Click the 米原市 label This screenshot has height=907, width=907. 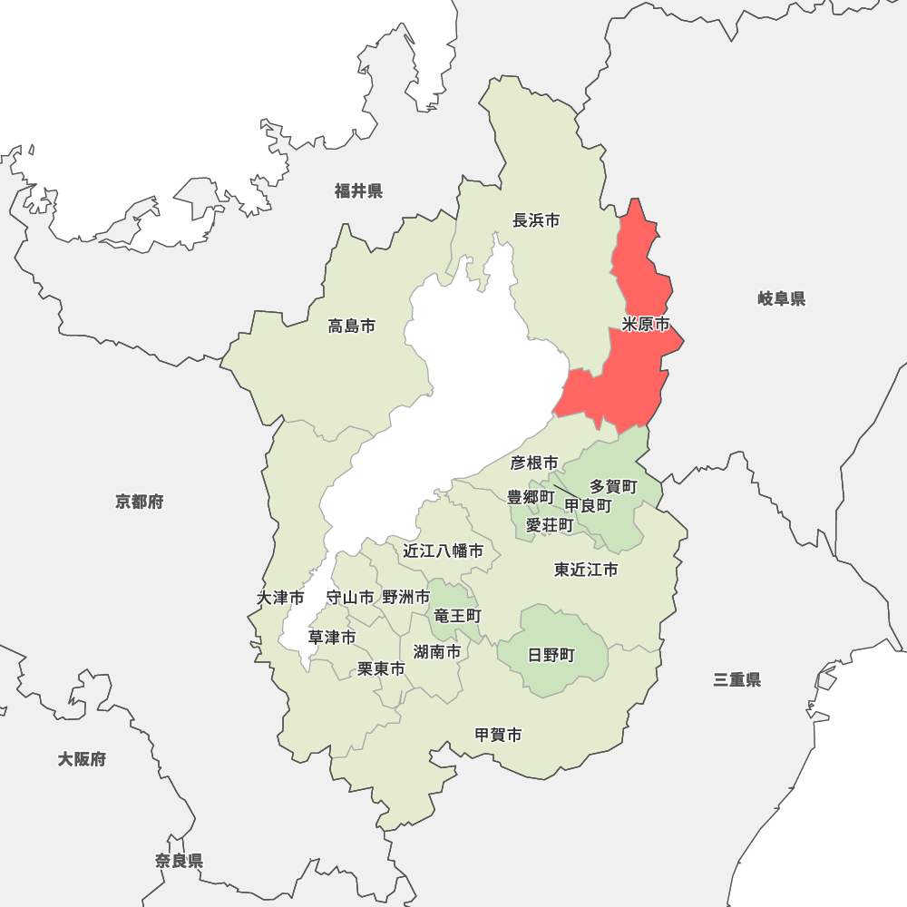(646, 324)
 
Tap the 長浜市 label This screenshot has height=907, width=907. (536, 220)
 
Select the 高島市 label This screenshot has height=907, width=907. (352, 326)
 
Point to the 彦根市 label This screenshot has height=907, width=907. (534, 463)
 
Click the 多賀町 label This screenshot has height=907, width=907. (613, 487)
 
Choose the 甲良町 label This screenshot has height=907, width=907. (588, 505)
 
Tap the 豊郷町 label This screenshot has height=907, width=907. (531, 497)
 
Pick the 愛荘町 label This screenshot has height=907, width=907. (550, 525)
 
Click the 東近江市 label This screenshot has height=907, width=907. (586, 570)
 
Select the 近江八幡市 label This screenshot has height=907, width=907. (444, 551)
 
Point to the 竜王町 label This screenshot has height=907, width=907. (457, 616)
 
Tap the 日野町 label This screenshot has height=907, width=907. (551, 655)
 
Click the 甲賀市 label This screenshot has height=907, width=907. (498, 736)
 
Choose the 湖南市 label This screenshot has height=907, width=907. (437, 651)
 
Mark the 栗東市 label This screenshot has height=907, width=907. (381, 668)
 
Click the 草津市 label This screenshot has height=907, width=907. (332, 638)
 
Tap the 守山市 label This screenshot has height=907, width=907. (349, 597)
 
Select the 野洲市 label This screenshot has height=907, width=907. (405, 597)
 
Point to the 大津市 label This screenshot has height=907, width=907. (280, 598)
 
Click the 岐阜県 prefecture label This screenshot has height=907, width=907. (781, 298)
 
